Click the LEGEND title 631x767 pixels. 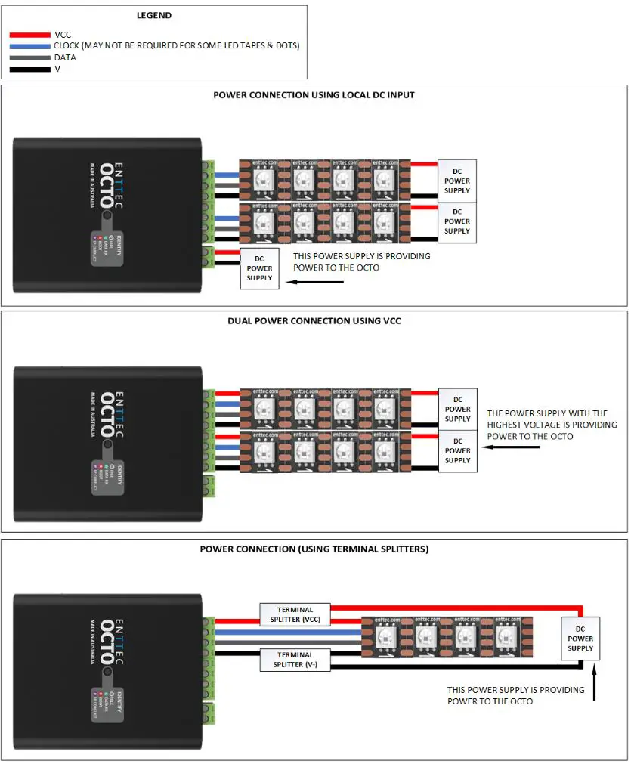click(153, 15)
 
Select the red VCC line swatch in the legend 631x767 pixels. click(30, 35)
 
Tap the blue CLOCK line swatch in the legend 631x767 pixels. click(30, 46)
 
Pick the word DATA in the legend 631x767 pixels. click(65, 57)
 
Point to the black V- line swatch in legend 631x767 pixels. click(30, 70)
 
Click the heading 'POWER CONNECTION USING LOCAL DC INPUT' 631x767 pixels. click(314, 95)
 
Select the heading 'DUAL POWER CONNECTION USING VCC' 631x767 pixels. click(314, 321)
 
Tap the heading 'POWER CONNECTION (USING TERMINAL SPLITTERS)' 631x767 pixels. click(314, 549)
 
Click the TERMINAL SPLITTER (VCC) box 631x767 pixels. click(295, 614)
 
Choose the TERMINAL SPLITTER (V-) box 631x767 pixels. click(295, 660)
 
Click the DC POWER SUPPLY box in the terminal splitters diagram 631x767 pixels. click(580, 639)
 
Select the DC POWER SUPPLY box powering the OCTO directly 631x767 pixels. click(259, 268)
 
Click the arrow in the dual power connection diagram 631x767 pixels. click(512, 447)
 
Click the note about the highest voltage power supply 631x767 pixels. click(551, 425)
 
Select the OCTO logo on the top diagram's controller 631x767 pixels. click(107, 185)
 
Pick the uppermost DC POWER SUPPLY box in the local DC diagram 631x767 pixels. click(456, 181)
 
